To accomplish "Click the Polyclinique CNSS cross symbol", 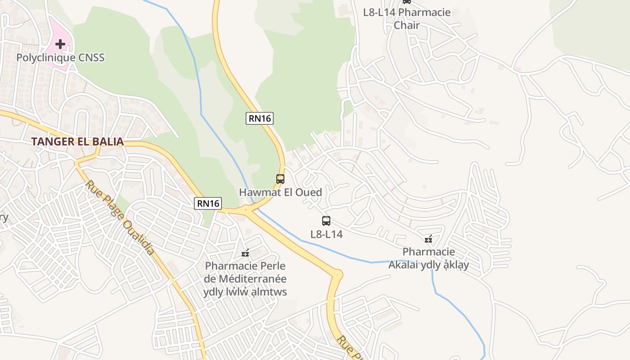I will click(x=60, y=44).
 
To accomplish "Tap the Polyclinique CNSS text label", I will click(x=60, y=58).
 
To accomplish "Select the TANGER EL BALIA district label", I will click(x=77, y=141).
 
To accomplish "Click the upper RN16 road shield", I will click(x=260, y=118).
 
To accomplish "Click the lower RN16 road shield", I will click(x=208, y=203).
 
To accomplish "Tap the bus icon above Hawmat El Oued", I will click(x=280, y=179).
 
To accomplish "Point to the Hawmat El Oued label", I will click(x=280, y=192).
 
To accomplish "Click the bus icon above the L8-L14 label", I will click(x=326, y=221).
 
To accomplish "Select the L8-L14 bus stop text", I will click(x=326, y=234).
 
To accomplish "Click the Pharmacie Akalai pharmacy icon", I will click(x=428, y=239).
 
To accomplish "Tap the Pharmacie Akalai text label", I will click(x=428, y=258).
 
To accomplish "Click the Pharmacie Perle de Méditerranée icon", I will click(x=245, y=253).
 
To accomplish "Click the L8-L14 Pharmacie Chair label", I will click(x=407, y=18).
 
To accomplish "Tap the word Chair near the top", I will click(x=407, y=25).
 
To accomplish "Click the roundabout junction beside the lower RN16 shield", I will click(x=246, y=209).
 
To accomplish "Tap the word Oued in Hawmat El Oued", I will click(x=308, y=192).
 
